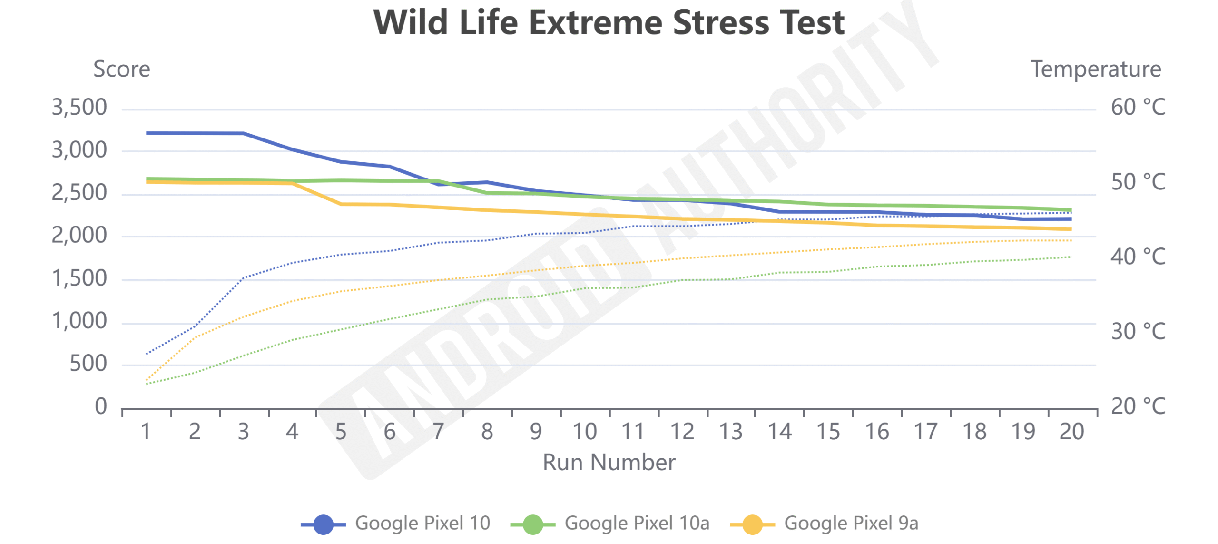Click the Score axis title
tap(122, 69)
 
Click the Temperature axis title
tap(1095, 69)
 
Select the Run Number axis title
tap(609, 463)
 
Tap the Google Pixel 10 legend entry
tap(422, 523)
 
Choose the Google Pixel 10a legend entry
tap(636, 523)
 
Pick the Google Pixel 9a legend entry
tap(850, 523)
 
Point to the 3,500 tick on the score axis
tap(79, 108)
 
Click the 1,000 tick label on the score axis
tap(79, 321)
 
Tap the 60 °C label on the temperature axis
tap(1138, 108)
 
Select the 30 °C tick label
tap(1138, 332)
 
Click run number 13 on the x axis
tap(730, 432)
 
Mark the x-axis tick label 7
tap(438, 432)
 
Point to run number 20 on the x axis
tap(1071, 432)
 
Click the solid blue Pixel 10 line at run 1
tap(147, 133)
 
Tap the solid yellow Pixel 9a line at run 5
tap(341, 204)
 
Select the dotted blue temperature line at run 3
tap(244, 277)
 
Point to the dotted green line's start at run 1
tap(147, 384)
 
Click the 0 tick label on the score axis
tap(101, 407)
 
